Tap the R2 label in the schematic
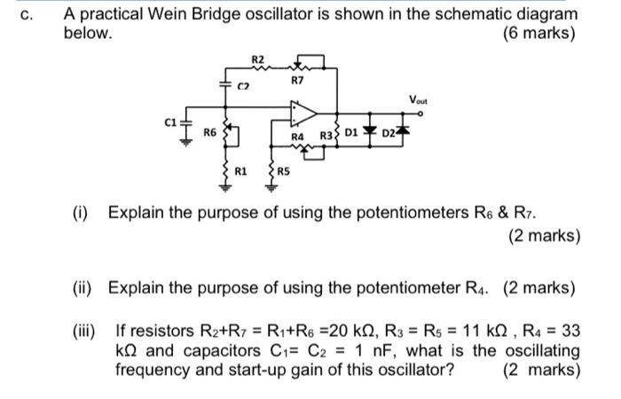(x=258, y=59)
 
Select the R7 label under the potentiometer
(x=297, y=80)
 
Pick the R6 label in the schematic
(x=209, y=131)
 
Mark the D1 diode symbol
(x=370, y=133)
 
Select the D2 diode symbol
(x=404, y=133)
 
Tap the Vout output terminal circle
(x=424, y=113)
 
